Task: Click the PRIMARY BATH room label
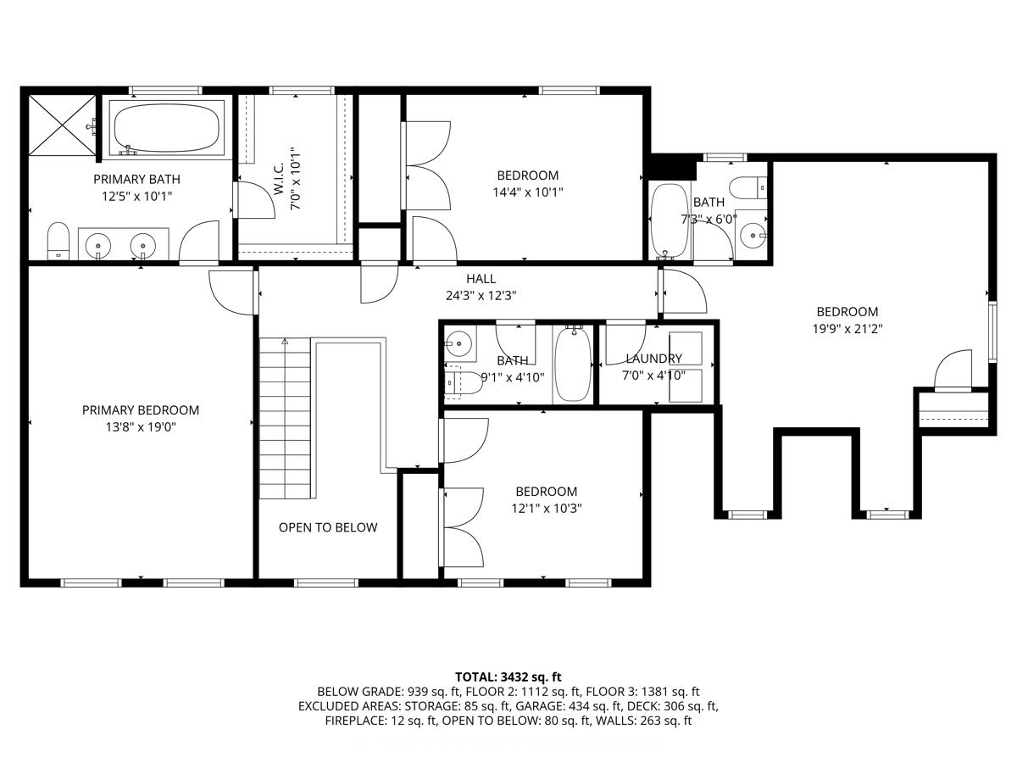(136, 179)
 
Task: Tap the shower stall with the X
(62, 125)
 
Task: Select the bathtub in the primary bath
(167, 127)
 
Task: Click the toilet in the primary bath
(58, 242)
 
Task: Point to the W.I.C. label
(279, 179)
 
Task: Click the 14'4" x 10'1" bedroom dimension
(528, 192)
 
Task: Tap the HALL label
(481, 279)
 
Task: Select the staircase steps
(285, 418)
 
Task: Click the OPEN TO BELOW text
(328, 527)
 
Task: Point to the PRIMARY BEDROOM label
(141, 410)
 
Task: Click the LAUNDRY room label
(653, 359)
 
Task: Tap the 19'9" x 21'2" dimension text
(847, 329)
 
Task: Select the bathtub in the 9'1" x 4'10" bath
(574, 365)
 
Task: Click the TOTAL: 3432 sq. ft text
(508, 677)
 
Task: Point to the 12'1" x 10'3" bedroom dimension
(547, 509)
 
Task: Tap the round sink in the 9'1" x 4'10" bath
(458, 343)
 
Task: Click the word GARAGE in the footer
(538, 706)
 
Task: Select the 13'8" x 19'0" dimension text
(141, 427)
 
